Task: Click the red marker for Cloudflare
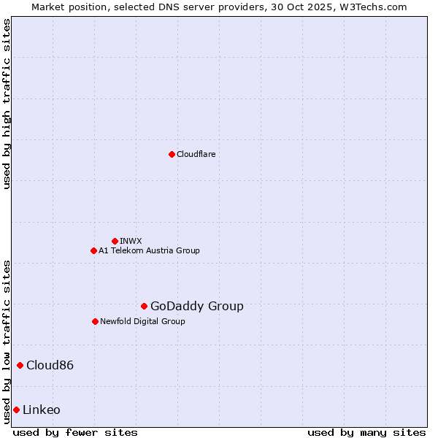pyautogui.click(x=172, y=154)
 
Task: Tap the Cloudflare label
pyautogui.click(x=196, y=154)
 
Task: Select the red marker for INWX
pyautogui.click(x=115, y=241)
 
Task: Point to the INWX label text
pyautogui.click(x=131, y=241)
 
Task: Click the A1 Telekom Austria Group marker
pyautogui.click(x=93, y=250)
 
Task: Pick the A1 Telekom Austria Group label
pyautogui.click(x=149, y=250)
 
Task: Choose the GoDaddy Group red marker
pyautogui.click(x=144, y=306)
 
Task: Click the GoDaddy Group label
pyautogui.click(x=196, y=306)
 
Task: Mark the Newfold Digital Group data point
pyautogui.click(x=95, y=321)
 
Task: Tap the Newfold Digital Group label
pyautogui.click(x=142, y=321)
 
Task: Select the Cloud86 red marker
pyautogui.click(x=20, y=365)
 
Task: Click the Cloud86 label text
pyautogui.click(x=50, y=365)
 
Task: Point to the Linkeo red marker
pyautogui.click(x=16, y=410)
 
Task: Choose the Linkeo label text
pyautogui.click(x=42, y=410)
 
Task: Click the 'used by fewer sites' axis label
pyautogui.click(x=75, y=432)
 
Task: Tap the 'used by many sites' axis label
pyautogui.click(x=366, y=432)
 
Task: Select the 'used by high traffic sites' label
pyautogui.click(x=7, y=104)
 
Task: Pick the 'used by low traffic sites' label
pyautogui.click(x=7, y=341)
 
